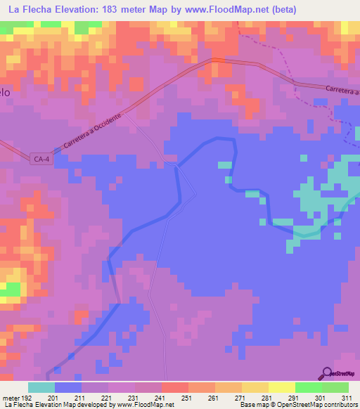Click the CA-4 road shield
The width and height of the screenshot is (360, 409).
click(x=42, y=160)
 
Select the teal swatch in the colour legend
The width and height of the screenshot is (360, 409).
click(x=41, y=387)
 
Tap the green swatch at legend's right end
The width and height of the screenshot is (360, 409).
click(x=335, y=387)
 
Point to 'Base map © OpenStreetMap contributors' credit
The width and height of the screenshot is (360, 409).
click(x=298, y=405)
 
